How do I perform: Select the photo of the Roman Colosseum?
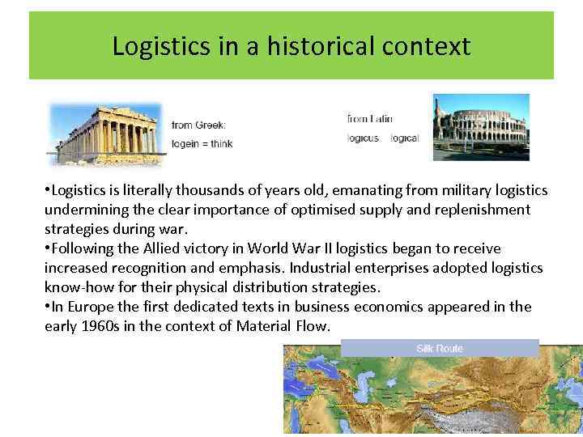(x=480, y=127)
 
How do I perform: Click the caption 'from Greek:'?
(x=198, y=125)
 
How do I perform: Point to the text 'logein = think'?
(x=202, y=144)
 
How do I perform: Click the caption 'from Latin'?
(x=370, y=119)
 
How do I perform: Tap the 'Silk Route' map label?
(x=440, y=348)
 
